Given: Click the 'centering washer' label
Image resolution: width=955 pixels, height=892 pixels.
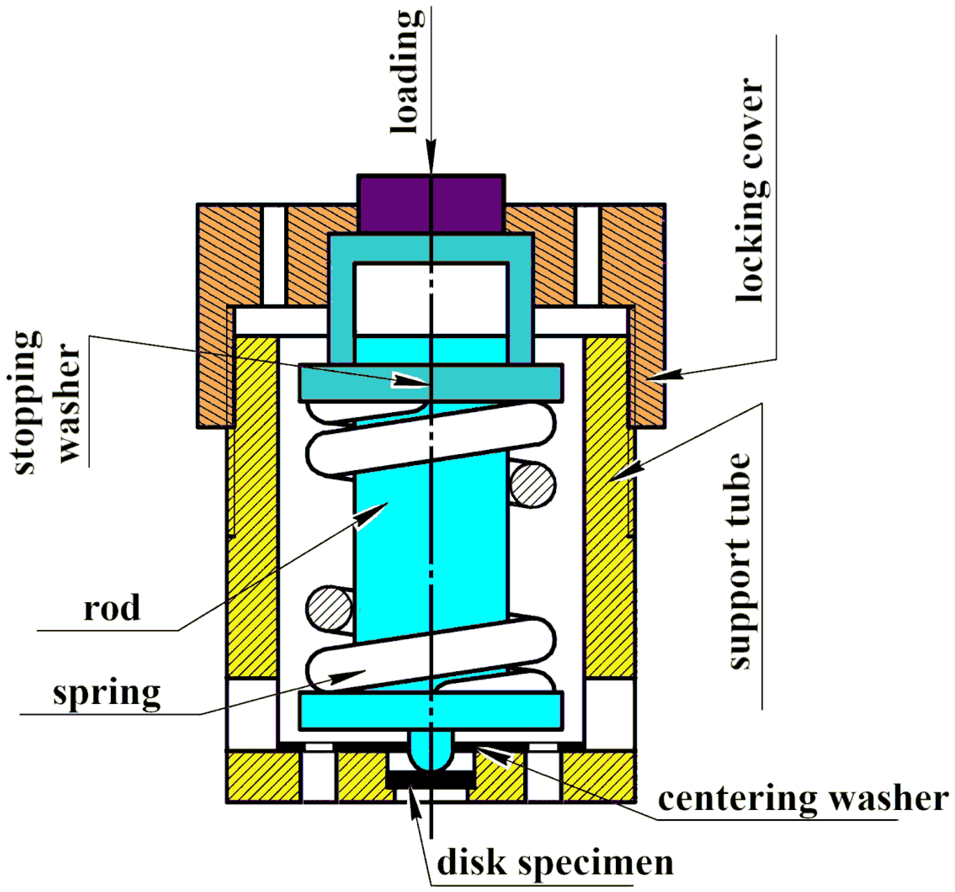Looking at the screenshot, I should (803, 799).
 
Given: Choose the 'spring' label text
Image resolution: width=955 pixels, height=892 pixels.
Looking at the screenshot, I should (107, 694).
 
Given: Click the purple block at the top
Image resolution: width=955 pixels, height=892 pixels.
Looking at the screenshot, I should (431, 204).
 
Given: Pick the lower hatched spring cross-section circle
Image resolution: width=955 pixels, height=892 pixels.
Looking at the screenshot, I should (329, 609).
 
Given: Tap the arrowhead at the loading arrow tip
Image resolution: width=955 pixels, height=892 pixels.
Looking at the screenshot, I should (431, 156).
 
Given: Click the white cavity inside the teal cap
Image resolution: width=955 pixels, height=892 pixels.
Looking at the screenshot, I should (431, 298).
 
